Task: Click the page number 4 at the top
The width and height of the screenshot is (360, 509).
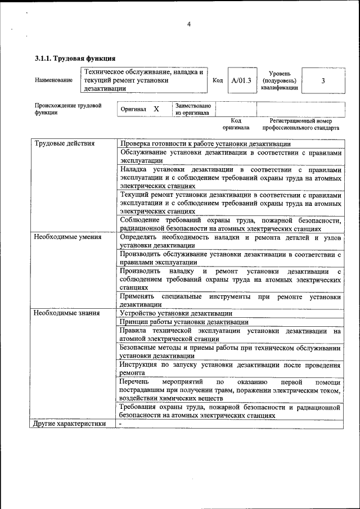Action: [x=189, y=24]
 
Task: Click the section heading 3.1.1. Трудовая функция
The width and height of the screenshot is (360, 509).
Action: [x=75, y=58]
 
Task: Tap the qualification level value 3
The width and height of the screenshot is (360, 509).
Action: [x=323, y=80]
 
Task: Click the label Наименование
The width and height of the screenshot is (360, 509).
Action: [x=53, y=80]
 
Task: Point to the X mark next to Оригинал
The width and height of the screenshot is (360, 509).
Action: [x=156, y=109]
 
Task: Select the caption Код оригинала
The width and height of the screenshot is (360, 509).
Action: [x=236, y=124]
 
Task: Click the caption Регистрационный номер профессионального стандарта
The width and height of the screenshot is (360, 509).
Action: [x=304, y=124]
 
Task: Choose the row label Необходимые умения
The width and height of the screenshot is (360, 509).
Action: [x=68, y=237]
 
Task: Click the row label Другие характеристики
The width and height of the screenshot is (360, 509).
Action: [x=70, y=424]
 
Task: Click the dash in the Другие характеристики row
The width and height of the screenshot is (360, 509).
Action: [x=120, y=424]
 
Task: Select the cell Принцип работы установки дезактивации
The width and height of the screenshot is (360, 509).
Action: [x=184, y=322]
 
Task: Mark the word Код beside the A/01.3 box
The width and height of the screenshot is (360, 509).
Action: [x=218, y=80]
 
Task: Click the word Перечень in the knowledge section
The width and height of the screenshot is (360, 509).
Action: [x=135, y=382]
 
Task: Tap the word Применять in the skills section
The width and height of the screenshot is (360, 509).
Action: [x=137, y=296]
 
